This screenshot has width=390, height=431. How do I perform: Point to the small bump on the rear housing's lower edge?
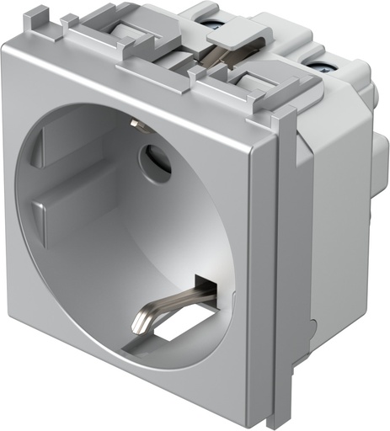(x=313, y=325)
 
